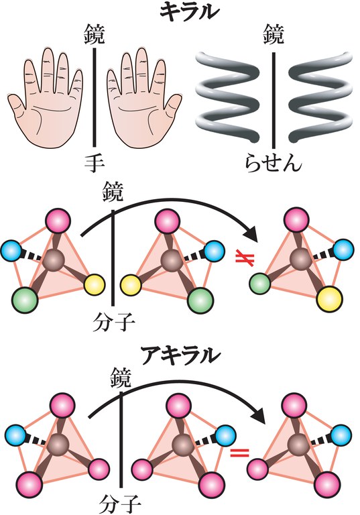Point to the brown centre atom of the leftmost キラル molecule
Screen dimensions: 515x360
coord(56,260)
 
